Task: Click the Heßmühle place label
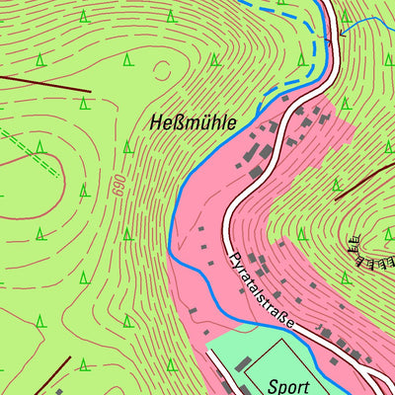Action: [194, 123]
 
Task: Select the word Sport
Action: [288, 387]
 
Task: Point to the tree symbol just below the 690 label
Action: [126, 234]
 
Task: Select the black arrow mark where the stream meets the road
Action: [342, 33]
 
